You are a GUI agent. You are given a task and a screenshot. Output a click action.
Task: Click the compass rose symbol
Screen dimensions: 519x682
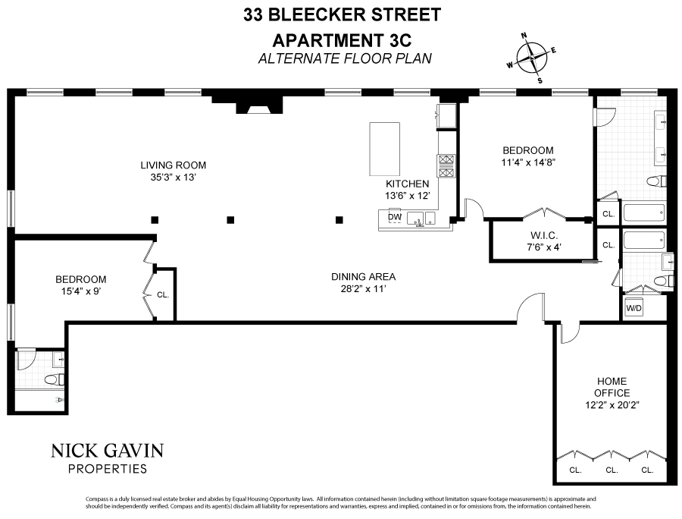(532, 57)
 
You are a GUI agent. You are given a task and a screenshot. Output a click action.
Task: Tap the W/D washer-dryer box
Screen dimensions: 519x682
(634, 309)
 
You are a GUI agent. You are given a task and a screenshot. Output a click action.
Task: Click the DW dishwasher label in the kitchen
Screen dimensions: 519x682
(394, 217)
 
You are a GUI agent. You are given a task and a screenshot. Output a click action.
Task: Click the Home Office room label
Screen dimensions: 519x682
(612, 387)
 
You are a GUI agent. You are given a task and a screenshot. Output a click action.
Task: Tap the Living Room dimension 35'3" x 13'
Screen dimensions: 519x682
(173, 178)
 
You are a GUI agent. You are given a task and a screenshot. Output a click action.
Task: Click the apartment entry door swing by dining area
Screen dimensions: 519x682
(530, 311)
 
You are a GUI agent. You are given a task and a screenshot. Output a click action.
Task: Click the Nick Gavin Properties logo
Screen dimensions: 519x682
(107, 458)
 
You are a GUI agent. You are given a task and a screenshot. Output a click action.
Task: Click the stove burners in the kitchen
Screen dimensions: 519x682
(445, 165)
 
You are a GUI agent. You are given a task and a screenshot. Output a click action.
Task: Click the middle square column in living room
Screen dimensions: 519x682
(231, 220)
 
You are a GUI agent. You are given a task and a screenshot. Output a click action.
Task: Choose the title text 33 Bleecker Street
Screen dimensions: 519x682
(343, 14)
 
